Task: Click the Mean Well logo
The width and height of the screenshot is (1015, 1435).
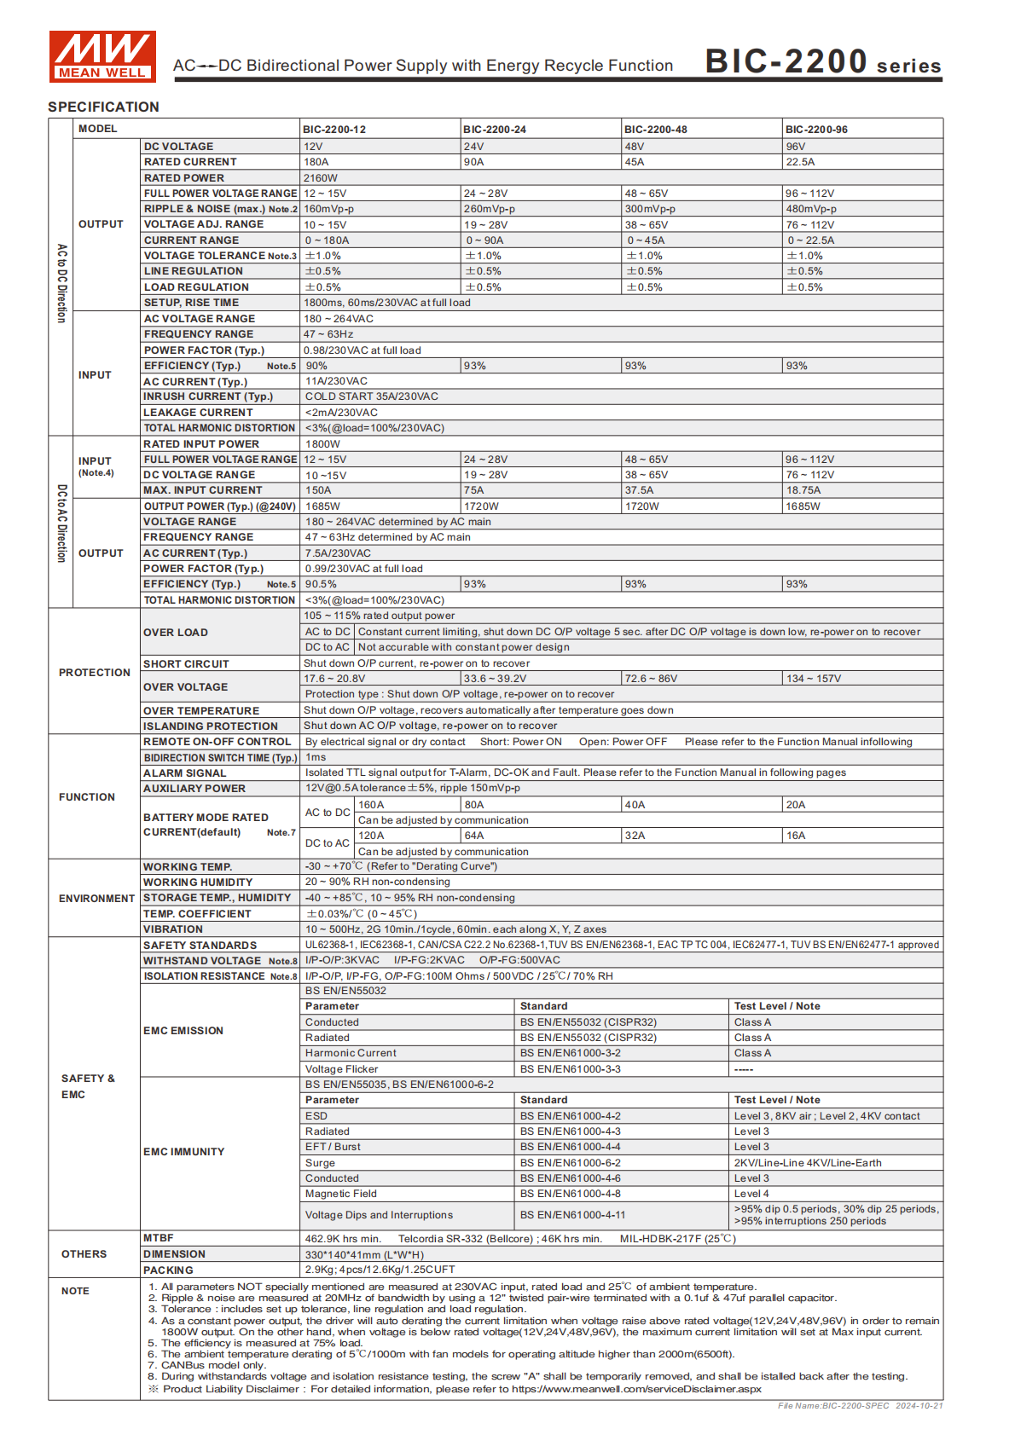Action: click(102, 56)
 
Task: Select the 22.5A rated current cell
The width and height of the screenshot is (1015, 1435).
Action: click(800, 162)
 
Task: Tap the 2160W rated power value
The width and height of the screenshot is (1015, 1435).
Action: click(321, 178)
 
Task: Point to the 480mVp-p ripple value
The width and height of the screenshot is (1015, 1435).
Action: click(811, 209)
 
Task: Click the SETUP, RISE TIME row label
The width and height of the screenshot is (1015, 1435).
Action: click(191, 303)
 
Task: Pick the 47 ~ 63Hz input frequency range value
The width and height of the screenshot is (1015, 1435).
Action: click(328, 334)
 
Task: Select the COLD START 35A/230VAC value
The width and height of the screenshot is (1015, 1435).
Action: click(372, 396)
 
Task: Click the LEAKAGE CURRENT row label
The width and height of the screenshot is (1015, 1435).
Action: click(198, 413)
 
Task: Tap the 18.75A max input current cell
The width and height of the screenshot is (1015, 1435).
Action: click(803, 490)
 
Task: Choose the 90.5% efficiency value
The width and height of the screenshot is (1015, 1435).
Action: click(321, 584)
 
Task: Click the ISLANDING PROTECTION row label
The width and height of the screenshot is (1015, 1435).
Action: click(211, 726)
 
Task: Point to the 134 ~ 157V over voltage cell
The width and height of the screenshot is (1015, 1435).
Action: click(814, 679)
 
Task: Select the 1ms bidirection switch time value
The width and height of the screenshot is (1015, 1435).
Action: click(316, 757)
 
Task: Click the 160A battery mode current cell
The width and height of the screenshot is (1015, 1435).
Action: click(371, 805)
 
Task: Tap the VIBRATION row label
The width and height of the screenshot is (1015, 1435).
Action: click(173, 929)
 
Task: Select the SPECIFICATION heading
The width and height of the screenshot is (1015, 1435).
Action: click(103, 107)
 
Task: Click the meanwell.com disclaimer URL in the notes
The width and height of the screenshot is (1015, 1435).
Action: click(636, 1389)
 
